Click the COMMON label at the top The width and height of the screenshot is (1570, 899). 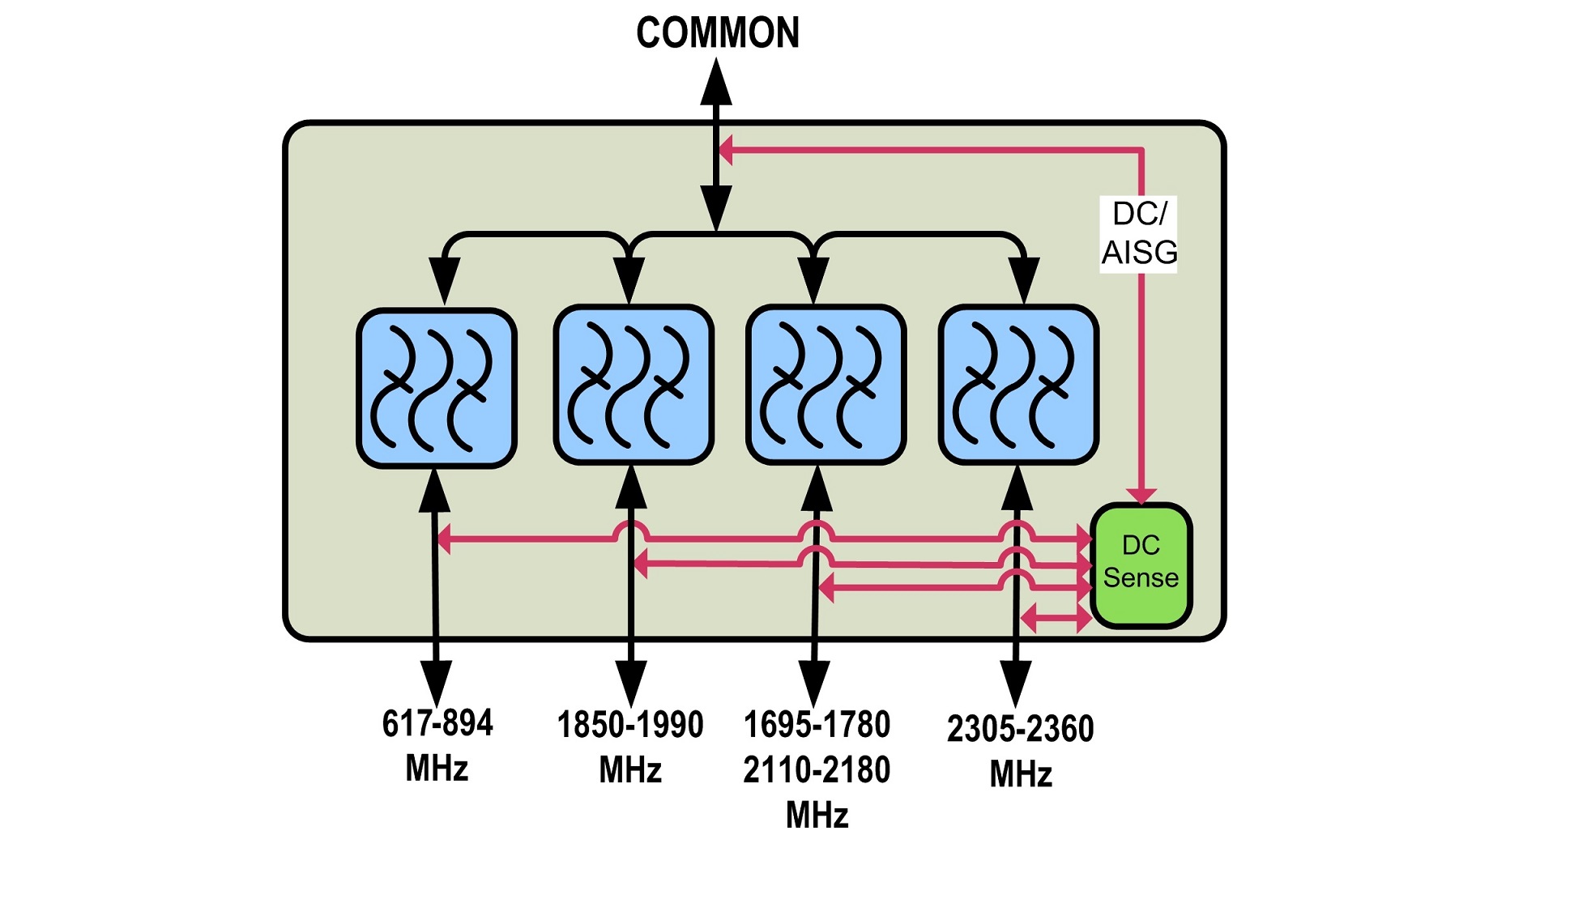pyautogui.click(x=718, y=33)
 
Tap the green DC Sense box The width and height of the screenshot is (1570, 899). pyautogui.click(x=1141, y=565)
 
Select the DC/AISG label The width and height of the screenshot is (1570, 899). pyautogui.click(x=1138, y=234)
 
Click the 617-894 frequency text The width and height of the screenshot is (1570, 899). pyautogui.click(x=437, y=723)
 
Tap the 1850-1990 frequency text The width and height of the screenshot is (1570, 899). pyautogui.click(x=630, y=725)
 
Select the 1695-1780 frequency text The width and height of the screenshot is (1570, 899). pyautogui.click(x=817, y=725)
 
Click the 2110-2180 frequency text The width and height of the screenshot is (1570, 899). pyautogui.click(x=817, y=769)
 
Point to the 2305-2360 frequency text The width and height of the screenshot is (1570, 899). pyautogui.click(x=1020, y=729)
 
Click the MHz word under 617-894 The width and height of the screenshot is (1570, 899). pyautogui.click(x=437, y=768)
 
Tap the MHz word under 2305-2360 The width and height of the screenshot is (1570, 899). pyautogui.click(x=1021, y=774)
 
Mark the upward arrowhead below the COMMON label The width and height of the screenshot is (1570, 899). pyautogui.click(x=716, y=83)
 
